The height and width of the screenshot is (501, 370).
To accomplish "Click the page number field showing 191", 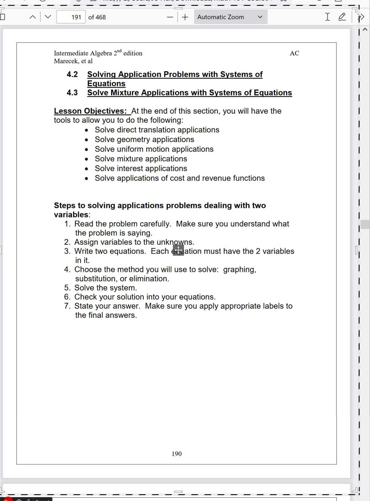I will (x=71, y=17).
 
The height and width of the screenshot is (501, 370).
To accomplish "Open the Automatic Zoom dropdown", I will (x=230, y=17).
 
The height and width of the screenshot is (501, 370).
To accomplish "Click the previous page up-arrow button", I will (x=33, y=17).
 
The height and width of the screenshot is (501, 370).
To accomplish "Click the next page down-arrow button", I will (x=48, y=17).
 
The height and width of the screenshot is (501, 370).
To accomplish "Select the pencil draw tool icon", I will (x=342, y=17).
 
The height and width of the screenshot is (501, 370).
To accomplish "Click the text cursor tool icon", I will (x=327, y=17).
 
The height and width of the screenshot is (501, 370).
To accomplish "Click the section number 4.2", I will (x=72, y=74).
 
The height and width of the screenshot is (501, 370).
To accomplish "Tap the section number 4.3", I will (x=72, y=92).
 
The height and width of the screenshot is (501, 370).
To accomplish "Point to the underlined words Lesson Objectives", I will (x=90, y=111).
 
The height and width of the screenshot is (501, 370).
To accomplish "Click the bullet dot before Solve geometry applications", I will (x=86, y=140).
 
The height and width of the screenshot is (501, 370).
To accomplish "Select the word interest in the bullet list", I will (x=131, y=169).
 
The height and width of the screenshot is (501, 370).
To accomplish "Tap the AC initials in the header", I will (x=294, y=53).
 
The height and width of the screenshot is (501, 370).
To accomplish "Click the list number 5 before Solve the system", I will (x=67, y=288).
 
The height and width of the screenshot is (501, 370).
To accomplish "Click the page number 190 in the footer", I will (x=177, y=454).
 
